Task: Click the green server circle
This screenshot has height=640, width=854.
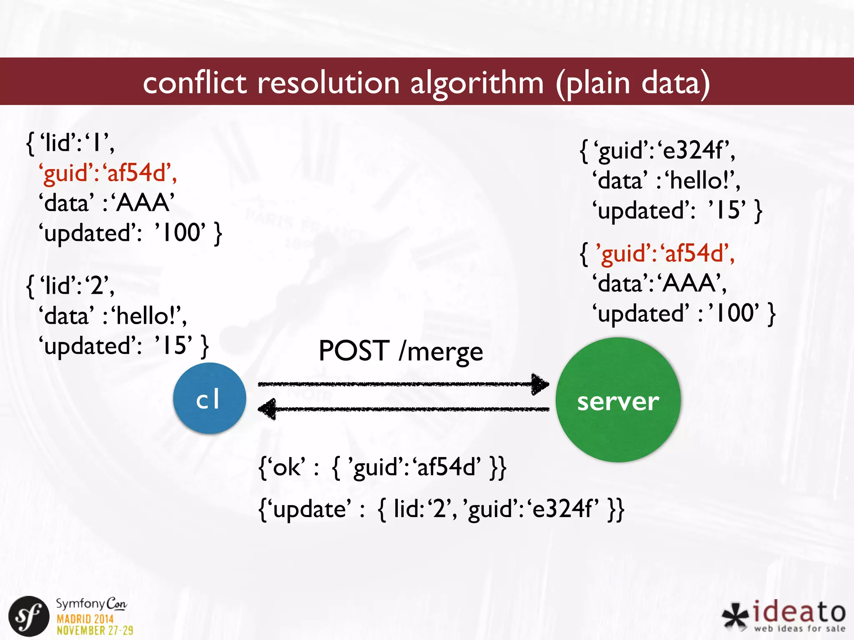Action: pos(618,400)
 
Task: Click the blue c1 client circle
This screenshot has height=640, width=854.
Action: pos(209,398)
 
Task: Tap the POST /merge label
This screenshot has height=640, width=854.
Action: pos(400,351)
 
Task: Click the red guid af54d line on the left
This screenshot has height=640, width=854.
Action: pos(108,172)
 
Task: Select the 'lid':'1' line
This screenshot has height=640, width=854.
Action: pos(71,143)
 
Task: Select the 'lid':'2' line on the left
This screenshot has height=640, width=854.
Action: pos(71,286)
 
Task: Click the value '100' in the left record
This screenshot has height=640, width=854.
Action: pos(180,232)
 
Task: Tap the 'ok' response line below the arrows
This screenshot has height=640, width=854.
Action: pos(382,467)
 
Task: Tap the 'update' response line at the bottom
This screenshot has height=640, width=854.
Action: pos(441,509)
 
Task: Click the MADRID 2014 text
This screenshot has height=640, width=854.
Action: pos(85,619)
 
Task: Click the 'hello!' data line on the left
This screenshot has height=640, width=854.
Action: pos(113,316)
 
